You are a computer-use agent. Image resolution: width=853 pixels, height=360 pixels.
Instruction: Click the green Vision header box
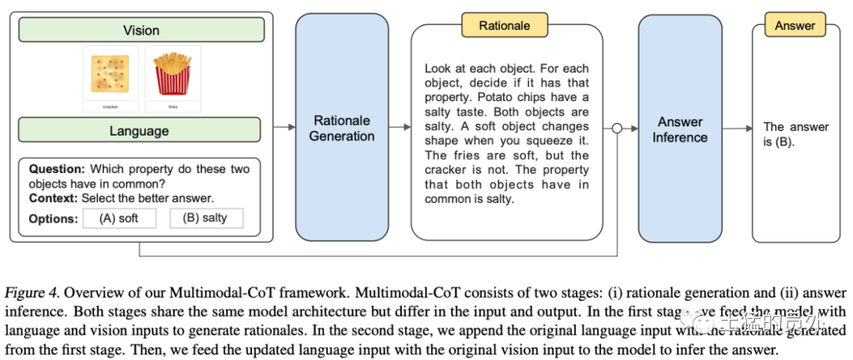click(141, 30)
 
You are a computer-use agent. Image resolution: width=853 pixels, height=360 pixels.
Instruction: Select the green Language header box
click(139, 129)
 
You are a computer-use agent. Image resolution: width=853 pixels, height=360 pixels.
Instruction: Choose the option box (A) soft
click(119, 219)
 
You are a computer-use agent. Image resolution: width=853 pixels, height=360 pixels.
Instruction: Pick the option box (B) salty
click(206, 219)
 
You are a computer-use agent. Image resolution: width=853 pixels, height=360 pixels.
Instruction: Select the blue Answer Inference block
click(680, 129)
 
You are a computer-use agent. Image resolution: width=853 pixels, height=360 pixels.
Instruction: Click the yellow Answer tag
click(795, 25)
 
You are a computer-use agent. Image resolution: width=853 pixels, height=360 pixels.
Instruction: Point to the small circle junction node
click(618, 128)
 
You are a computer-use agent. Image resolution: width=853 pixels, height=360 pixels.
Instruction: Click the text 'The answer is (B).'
click(795, 134)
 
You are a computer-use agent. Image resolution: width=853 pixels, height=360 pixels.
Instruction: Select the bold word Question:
click(57, 168)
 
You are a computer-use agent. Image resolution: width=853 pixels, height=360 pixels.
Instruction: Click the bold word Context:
click(54, 197)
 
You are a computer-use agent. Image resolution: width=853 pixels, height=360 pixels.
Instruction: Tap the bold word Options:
click(53, 219)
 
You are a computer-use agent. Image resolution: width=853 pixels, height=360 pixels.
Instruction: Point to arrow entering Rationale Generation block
click(284, 128)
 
